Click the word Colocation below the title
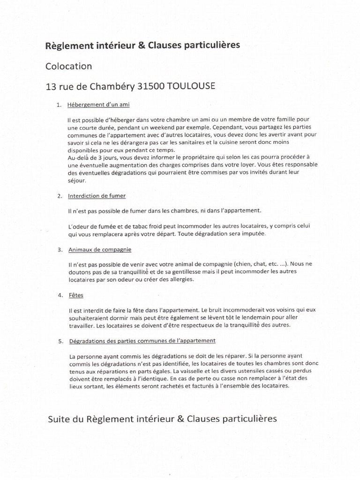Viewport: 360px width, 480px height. pyautogui.click(x=68, y=66)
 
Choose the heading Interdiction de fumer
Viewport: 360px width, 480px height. pyautogui.click(x=97, y=195)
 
